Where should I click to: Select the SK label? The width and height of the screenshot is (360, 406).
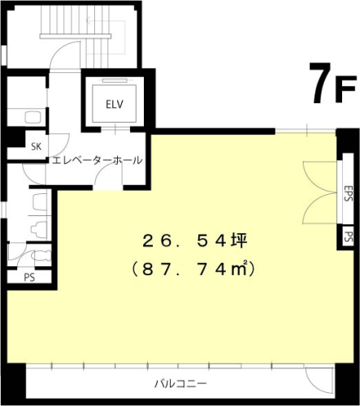click(36, 147)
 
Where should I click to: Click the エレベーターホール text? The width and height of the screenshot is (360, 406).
click(97, 160)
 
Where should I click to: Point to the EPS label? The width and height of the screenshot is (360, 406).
click(348, 194)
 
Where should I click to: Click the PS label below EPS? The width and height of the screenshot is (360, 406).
click(348, 237)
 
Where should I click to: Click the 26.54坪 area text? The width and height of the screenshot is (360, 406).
click(189, 240)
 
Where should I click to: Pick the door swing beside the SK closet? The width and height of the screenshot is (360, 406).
click(55, 140)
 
